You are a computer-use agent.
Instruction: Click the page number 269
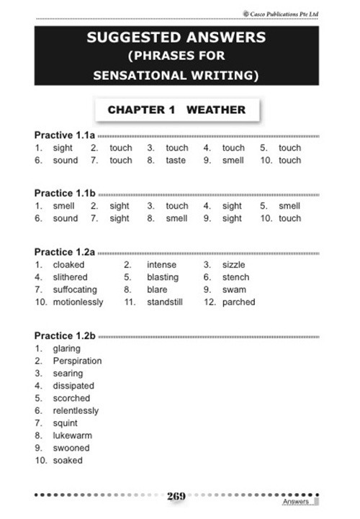[x=176, y=496]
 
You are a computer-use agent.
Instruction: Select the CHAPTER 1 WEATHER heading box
[x=176, y=110]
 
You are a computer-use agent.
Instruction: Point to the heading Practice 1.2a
[x=65, y=252]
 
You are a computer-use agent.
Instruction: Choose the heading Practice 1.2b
[x=65, y=336]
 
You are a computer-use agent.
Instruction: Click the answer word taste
[x=176, y=161]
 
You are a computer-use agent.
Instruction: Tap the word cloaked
[x=68, y=265]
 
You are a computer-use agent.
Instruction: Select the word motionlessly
[x=78, y=302]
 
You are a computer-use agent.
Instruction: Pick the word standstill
[x=165, y=302]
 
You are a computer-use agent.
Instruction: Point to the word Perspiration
[x=77, y=361]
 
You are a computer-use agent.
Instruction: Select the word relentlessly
[x=76, y=411]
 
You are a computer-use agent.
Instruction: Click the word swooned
[x=71, y=448]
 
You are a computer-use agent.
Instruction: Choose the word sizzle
[x=234, y=265]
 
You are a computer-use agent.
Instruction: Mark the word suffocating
[x=74, y=290]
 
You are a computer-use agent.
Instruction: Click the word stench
[x=235, y=277]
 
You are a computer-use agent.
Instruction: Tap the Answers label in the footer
[x=296, y=501]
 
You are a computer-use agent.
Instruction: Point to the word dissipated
[x=73, y=386]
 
